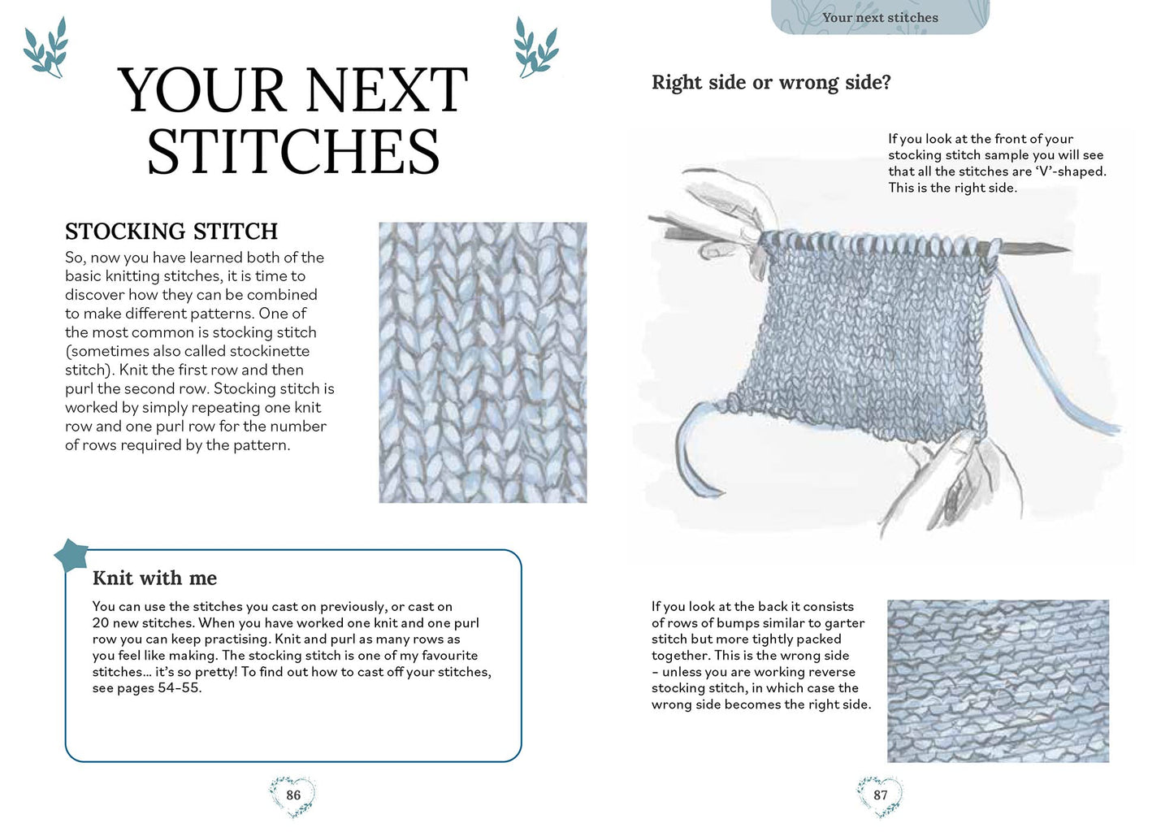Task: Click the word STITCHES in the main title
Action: click(x=293, y=152)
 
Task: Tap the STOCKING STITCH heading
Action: click(x=171, y=232)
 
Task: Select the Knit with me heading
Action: click(x=154, y=578)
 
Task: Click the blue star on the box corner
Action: click(x=71, y=556)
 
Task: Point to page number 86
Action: click(x=293, y=795)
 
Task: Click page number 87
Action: click(x=881, y=795)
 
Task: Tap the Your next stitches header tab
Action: click(x=880, y=17)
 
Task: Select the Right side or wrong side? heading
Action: click(x=771, y=82)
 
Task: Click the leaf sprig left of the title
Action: click(x=45, y=49)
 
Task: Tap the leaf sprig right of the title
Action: click(x=535, y=49)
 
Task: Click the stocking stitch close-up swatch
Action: click(x=483, y=362)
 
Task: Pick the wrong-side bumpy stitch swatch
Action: click(x=998, y=681)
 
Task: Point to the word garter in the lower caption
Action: click(x=844, y=623)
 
